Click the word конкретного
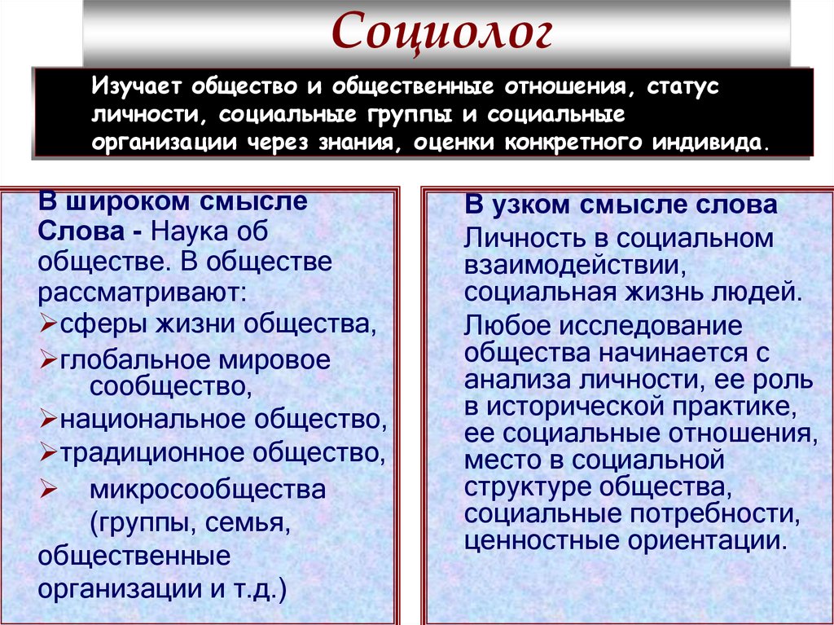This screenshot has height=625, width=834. (x=571, y=143)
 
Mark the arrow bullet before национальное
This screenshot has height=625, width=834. (x=46, y=420)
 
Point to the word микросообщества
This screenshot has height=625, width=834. (x=208, y=490)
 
